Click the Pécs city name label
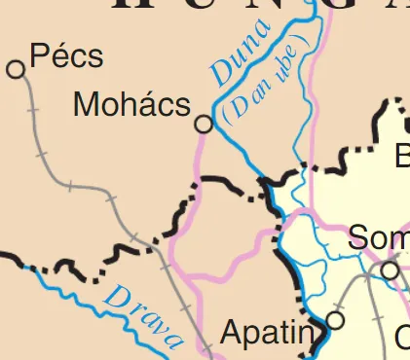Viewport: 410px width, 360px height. pos(66,56)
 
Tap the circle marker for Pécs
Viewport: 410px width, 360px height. pos(16,69)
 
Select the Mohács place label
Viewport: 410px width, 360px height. pos(131,104)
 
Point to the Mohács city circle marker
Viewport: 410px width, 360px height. pos(204,124)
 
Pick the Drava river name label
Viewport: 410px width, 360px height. pos(144,313)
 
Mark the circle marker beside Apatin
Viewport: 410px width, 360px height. pos(336,319)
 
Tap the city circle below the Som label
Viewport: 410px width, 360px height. pos(391,270)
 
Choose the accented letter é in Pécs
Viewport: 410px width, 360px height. pos(56,56)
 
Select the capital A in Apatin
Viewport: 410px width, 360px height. pos(232,334)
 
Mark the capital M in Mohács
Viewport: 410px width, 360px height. pos(86,104)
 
